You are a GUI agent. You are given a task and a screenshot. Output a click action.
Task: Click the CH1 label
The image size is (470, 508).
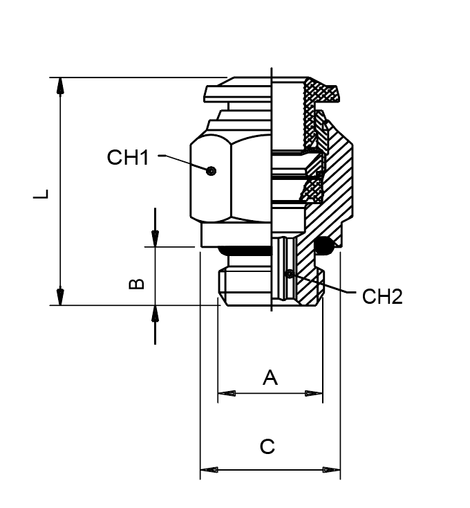[128, 158]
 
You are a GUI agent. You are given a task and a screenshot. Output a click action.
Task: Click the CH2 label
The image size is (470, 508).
[382, 297]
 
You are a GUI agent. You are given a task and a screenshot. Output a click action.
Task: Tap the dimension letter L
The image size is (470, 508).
[43, 194]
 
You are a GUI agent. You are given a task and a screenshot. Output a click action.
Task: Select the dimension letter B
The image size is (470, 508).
[137, 284]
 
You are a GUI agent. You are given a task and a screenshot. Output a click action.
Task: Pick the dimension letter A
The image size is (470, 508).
[270, 377]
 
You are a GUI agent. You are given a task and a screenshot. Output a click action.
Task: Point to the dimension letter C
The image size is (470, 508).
[267, 447]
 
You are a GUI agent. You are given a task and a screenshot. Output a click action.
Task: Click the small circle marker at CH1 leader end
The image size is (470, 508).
[211, 170]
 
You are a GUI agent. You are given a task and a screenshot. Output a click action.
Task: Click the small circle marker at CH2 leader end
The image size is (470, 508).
[289, 273]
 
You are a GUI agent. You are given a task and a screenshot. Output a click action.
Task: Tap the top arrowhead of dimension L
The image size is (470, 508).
[61, 87]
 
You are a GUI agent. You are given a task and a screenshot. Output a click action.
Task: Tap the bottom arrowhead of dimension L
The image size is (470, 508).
[61, 296]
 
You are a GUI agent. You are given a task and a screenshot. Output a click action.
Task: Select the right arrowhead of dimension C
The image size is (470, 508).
[331, 470]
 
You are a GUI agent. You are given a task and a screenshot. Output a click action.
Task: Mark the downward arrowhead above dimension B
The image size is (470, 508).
[155, 237]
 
